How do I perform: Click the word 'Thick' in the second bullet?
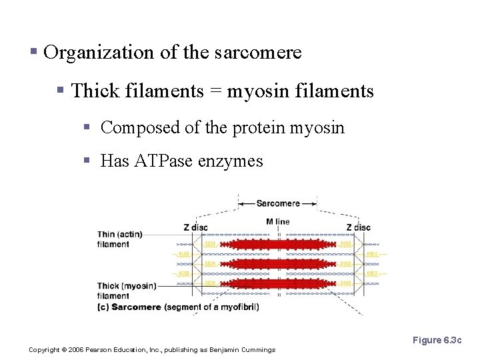click(93, 91)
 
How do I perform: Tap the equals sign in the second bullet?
click(215, 91)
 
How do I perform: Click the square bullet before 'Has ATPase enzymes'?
click(87, 161)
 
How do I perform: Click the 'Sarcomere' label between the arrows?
click(277, 203)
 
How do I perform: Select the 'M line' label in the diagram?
click(277, 221)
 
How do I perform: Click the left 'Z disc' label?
click(195, 227)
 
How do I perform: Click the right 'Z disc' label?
click(358, 227)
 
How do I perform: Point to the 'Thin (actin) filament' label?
click(120, 239)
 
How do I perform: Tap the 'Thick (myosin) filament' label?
click(127, 291)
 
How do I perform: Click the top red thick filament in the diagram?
click(277, 245)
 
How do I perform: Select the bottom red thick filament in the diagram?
click(277, 283)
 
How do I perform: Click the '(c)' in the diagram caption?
click(103, 307)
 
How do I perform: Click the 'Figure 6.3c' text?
click(437, 341)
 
